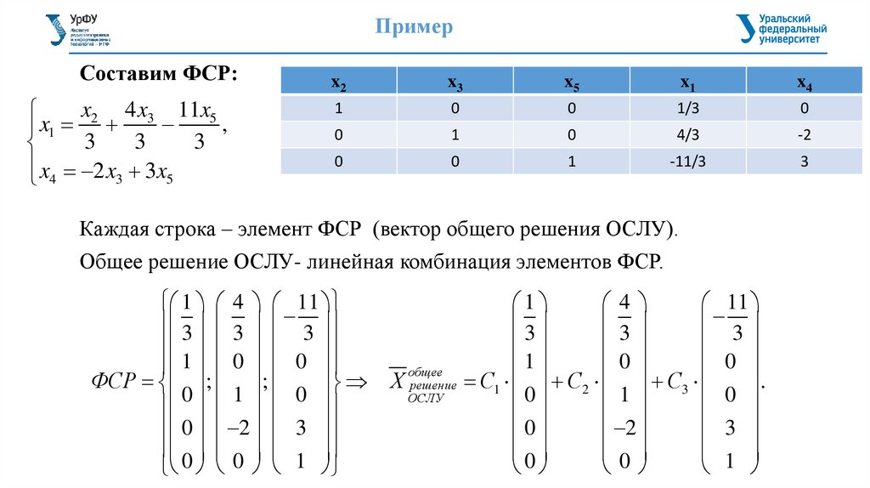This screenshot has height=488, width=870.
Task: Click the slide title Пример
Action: pos(415,28)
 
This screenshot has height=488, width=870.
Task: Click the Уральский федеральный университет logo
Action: pos(781,28)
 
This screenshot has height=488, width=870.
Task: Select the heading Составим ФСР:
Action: pos(158,74)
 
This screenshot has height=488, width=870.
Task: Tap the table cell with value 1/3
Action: pos(687,109)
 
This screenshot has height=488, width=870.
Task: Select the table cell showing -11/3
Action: pos(687,162)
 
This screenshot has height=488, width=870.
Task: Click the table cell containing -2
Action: pos(804,135)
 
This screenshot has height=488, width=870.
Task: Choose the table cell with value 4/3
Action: pos(687,135)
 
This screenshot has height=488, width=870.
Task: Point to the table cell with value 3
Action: pos(804,162)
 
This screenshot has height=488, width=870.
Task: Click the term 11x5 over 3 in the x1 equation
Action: pos(200,128)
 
